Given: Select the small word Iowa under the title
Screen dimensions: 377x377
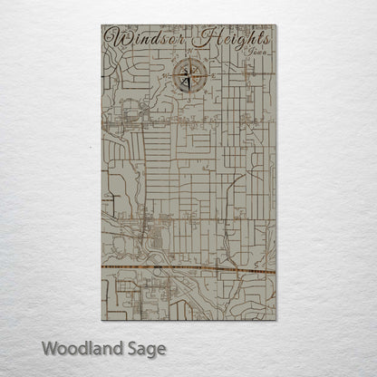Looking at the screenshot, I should (256, 52).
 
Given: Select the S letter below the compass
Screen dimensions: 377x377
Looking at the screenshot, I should (188, 93).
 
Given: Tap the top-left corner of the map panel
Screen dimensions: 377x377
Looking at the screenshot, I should (101, 25).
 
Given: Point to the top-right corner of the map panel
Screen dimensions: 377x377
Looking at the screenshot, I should (276, 25).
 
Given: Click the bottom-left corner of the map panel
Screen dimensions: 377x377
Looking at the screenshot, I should (101, 320).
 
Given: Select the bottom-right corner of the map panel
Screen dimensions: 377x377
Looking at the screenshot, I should (276, 320).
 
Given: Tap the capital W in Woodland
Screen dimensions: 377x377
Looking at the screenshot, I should (47, 348).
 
